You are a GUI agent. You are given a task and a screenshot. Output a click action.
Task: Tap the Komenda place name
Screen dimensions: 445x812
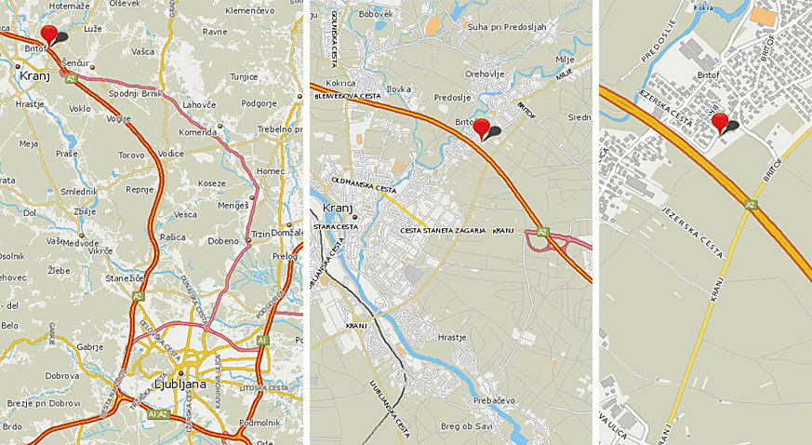199,133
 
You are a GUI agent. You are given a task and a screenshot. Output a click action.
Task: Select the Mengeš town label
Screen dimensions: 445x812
233,204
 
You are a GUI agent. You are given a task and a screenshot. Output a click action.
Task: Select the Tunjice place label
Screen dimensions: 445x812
244,76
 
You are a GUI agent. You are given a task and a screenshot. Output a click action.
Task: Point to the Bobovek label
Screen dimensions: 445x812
376,14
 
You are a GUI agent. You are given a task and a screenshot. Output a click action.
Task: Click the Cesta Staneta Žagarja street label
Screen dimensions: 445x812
442,230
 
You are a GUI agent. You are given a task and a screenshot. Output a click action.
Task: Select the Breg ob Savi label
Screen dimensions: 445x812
464,426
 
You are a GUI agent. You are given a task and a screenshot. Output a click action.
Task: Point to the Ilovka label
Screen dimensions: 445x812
399,89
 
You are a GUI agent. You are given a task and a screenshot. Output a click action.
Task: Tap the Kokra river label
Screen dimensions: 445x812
703,7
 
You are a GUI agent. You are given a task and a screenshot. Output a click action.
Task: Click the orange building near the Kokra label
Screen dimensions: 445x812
763,16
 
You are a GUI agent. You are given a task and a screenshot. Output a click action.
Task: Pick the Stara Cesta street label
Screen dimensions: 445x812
337,225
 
